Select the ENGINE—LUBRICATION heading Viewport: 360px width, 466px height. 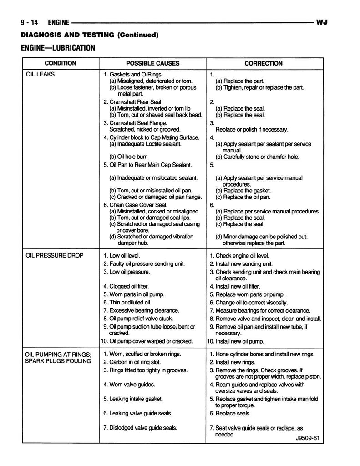tap(58, 48)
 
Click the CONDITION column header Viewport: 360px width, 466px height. tap(60, 63)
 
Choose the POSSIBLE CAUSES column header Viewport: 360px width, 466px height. tap(152, 63)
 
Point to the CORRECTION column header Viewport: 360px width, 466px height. tap(263, 63)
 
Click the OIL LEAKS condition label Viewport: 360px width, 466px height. tap(40, 74)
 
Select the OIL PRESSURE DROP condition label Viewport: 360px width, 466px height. tap(55, 255)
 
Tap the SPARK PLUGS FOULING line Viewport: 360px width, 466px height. tap(58, 361)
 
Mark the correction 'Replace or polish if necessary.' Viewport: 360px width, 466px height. tap(252, 129)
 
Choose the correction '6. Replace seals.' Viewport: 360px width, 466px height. tap(230, 413)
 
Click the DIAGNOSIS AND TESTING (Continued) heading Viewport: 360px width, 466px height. tap(89, 35)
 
